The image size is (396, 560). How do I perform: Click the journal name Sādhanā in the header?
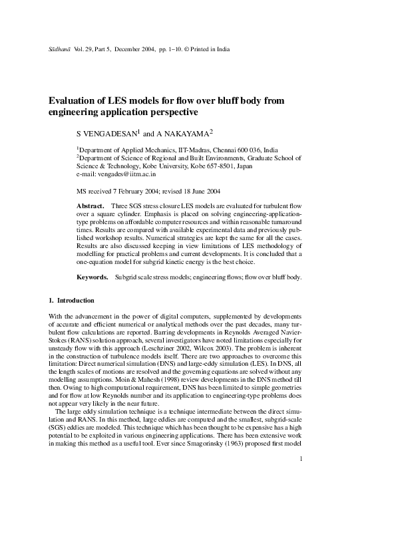60,49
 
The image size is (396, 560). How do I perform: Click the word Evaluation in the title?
76,101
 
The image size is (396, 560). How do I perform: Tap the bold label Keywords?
93,276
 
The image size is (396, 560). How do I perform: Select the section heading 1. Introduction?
72,301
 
